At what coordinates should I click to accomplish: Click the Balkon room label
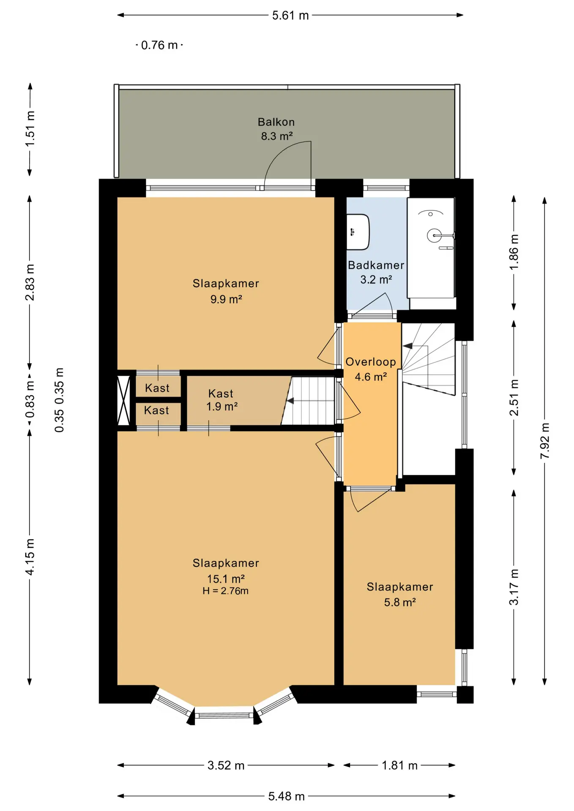click(x=276, y=122)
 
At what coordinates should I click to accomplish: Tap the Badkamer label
click(x=376, y=265)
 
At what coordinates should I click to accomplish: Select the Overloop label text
click(x=371, y=362)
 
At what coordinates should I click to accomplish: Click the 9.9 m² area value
click(x=226, y=299)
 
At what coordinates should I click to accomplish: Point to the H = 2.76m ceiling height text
click(x=225, y=591)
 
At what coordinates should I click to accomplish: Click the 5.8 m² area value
click(x=400, y=602)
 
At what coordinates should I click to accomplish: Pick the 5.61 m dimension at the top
click(x=290, y=16)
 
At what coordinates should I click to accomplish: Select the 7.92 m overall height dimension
click(x=545, y=441)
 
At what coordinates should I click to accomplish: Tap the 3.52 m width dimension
click(x=226, y=765)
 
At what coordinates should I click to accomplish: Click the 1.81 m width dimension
click(x=399, y=765)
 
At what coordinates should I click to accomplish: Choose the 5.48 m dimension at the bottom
click(x=287, y=796)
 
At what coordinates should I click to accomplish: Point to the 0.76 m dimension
click(x=159, y=45)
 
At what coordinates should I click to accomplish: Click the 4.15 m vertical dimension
click(x=30, y=557)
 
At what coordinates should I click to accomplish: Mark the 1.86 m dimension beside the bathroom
click(x=514, y=252)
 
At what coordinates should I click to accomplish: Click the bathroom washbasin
click(x=358, y=232)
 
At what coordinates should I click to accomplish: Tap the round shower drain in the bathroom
click(x=434, y=235)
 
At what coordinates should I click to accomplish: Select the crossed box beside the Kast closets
click(x=123, y=400)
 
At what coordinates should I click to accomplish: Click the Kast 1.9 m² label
click(x=221, y=400)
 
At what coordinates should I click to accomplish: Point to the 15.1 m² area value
click(x=226, y=579)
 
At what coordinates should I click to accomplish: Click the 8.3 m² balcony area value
click(x=277, y=136)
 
